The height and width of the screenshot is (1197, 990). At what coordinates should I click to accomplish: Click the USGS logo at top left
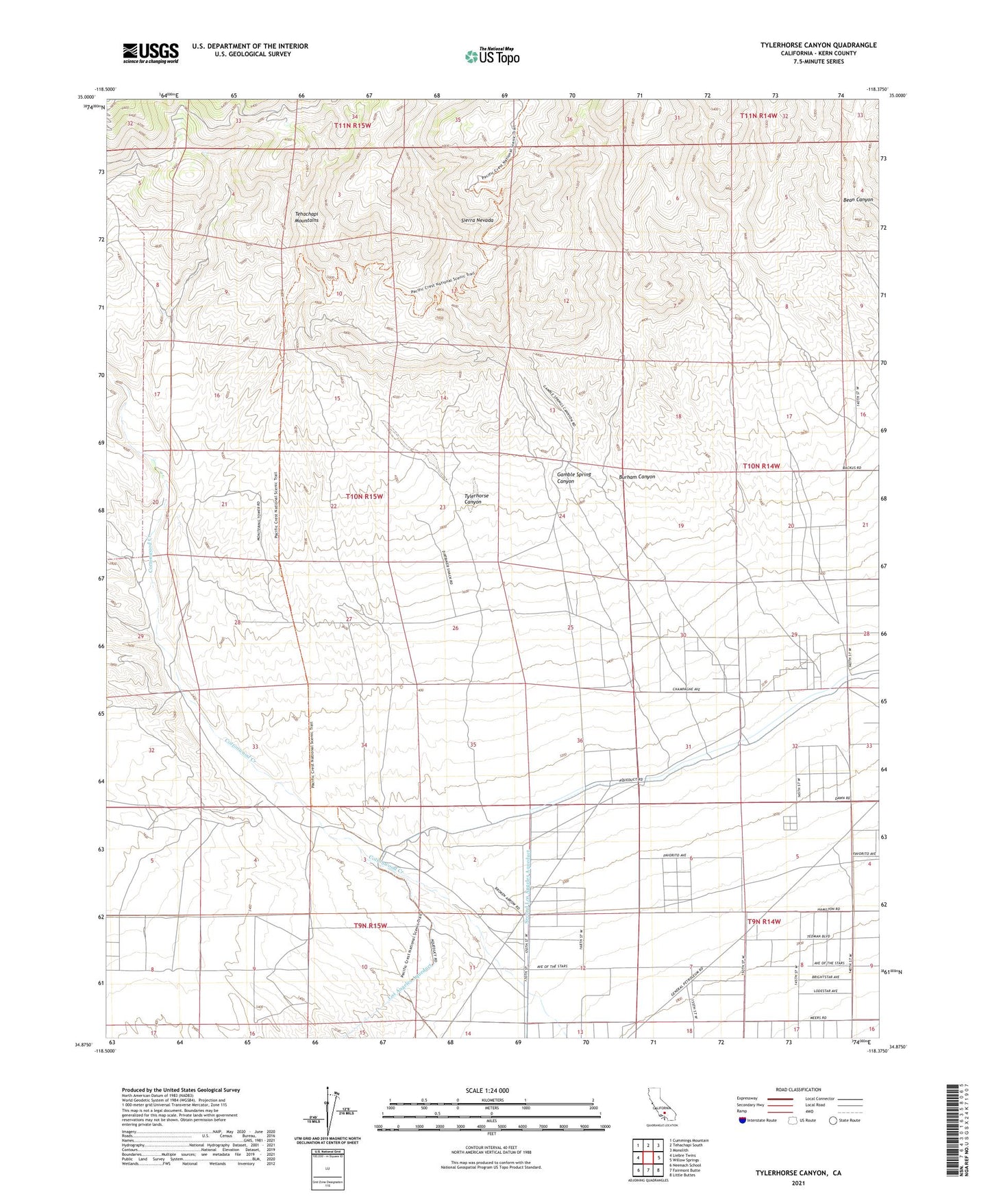click(151, 53)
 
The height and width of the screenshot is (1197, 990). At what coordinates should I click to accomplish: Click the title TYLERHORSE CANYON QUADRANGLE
click(818, 45)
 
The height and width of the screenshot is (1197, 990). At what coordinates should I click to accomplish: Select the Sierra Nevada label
click(477, 221)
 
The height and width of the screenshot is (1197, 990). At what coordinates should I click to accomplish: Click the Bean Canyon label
click(858, 199)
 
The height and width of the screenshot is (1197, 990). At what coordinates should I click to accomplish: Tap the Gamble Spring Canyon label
click(573, 478)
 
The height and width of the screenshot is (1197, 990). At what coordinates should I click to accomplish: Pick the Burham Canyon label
click(636, 476)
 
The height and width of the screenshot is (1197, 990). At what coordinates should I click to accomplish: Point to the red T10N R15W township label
click(364, 496)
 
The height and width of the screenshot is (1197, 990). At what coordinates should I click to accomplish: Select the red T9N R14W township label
click(765, 921)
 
